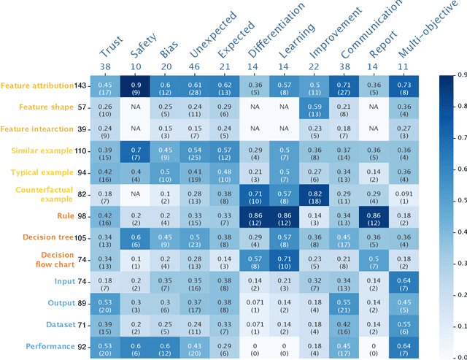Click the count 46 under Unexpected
tap(195, 66)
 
